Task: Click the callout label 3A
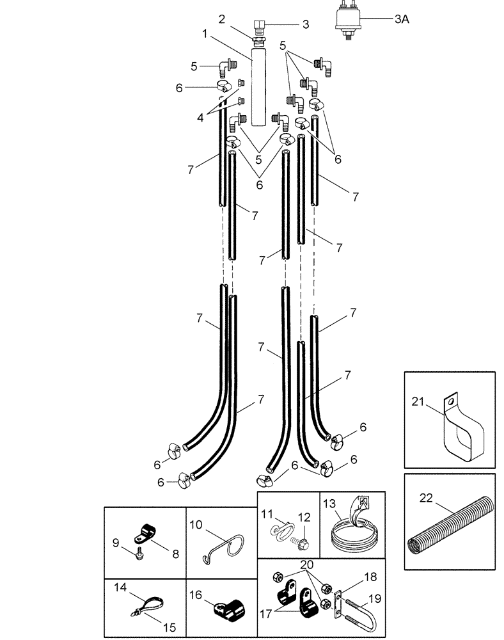(401, 20)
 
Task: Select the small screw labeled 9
(138, 556)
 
